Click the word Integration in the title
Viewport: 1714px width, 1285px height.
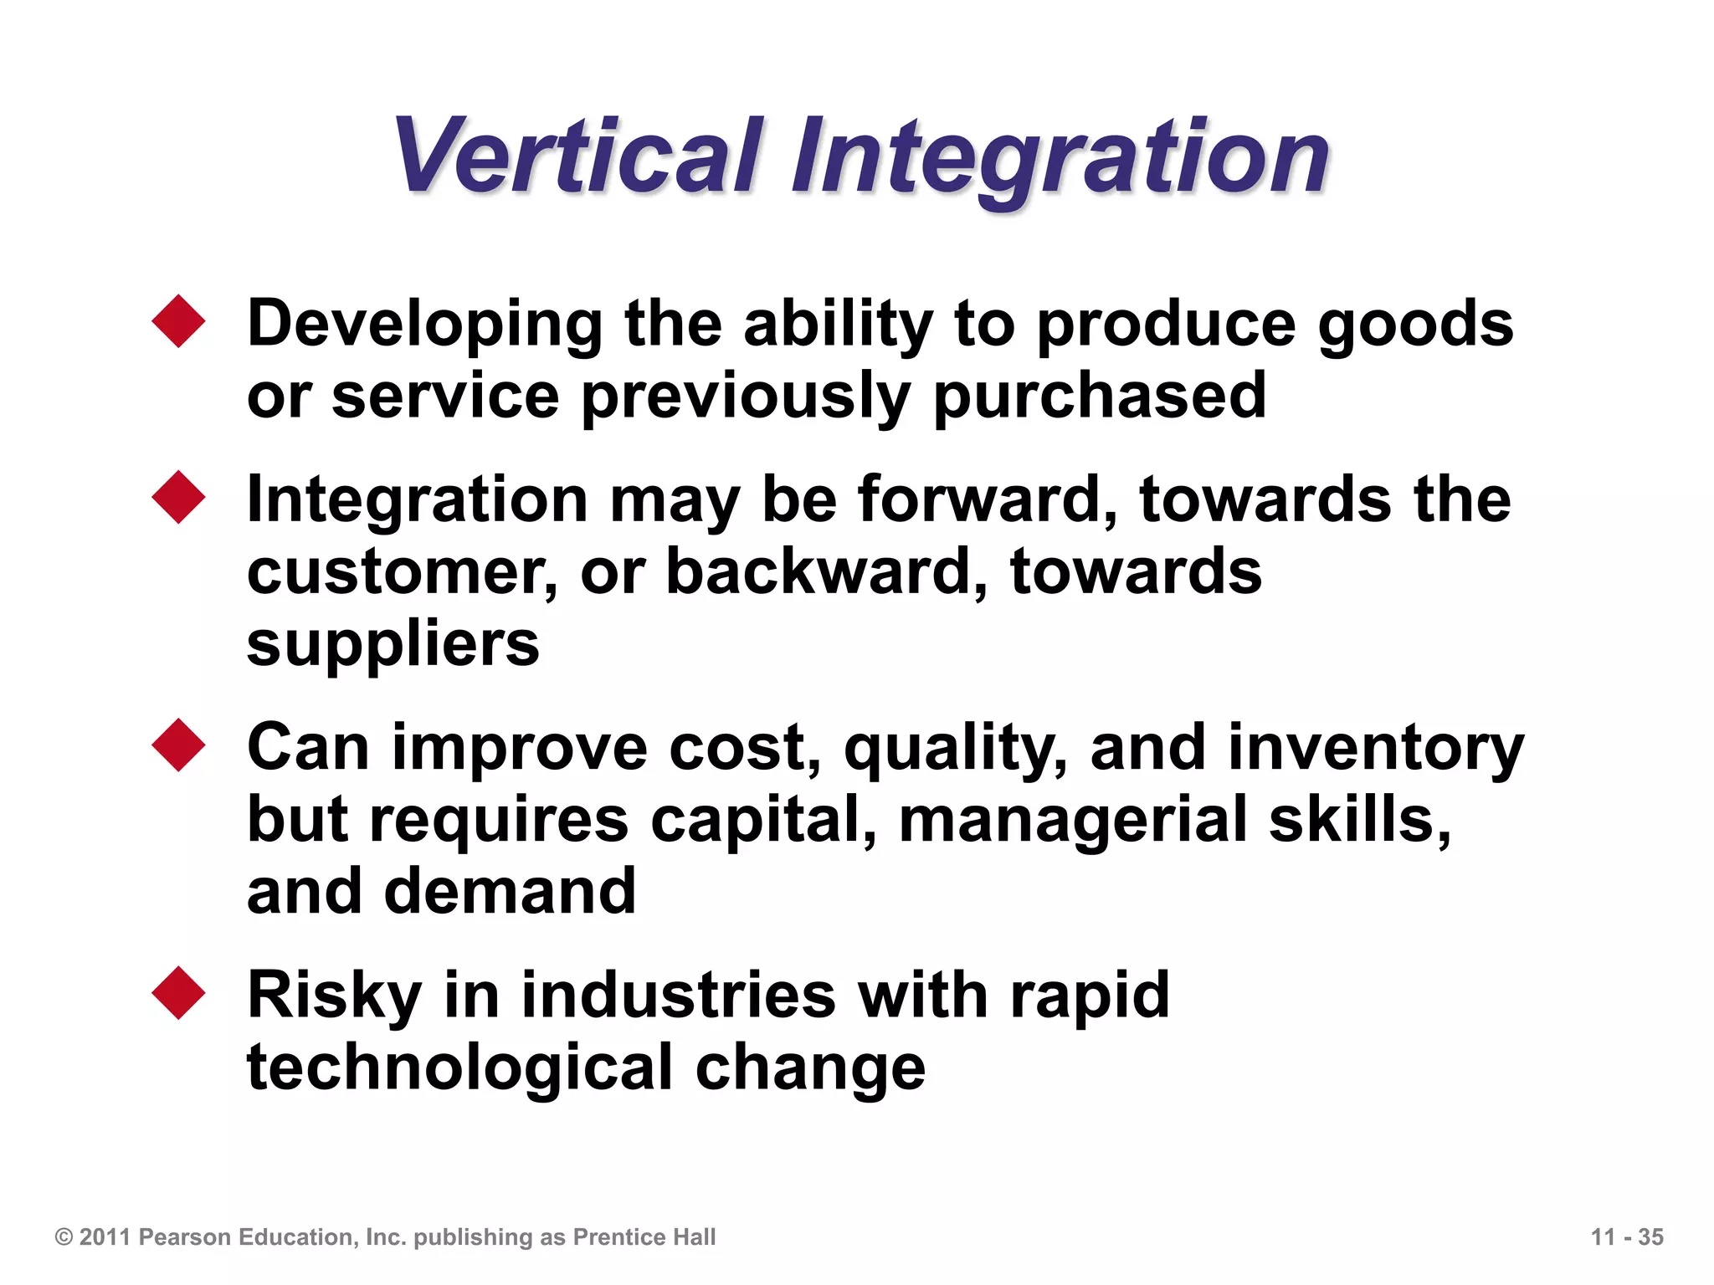pos(1060,159)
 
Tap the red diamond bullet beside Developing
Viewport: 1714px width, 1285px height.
pos(179,320)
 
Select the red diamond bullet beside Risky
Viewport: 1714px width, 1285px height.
pos(179,993)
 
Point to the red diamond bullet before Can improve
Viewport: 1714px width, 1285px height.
pos(179,745)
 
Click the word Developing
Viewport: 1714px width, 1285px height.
pos(425,325)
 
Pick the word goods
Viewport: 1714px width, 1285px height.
pos(1415,325)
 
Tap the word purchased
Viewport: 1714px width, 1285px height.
pos(1099,397)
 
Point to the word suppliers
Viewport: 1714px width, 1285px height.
pos(393,644)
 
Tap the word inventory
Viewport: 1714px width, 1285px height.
pos(1376,748)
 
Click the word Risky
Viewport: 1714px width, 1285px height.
pos(335,996)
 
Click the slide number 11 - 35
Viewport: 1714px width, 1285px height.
pos(1627,1237)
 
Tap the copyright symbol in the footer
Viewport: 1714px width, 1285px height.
pos(64,1237)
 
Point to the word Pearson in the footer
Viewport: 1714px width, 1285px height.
pos(184,1237)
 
